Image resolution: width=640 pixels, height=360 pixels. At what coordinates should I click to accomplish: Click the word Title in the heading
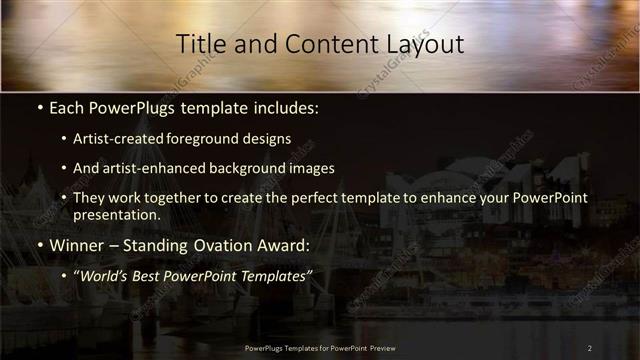tap(197, 44)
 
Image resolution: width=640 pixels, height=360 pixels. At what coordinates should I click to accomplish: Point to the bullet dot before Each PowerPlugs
tap(38, 108)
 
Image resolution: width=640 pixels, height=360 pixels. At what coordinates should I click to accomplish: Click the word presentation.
tap(116, 214)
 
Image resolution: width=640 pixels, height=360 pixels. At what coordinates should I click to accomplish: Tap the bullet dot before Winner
tap(38, 245)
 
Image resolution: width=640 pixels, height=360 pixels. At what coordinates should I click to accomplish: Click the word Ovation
tap(211, 245)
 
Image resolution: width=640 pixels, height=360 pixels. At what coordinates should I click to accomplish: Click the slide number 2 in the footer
tap(589, 348)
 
